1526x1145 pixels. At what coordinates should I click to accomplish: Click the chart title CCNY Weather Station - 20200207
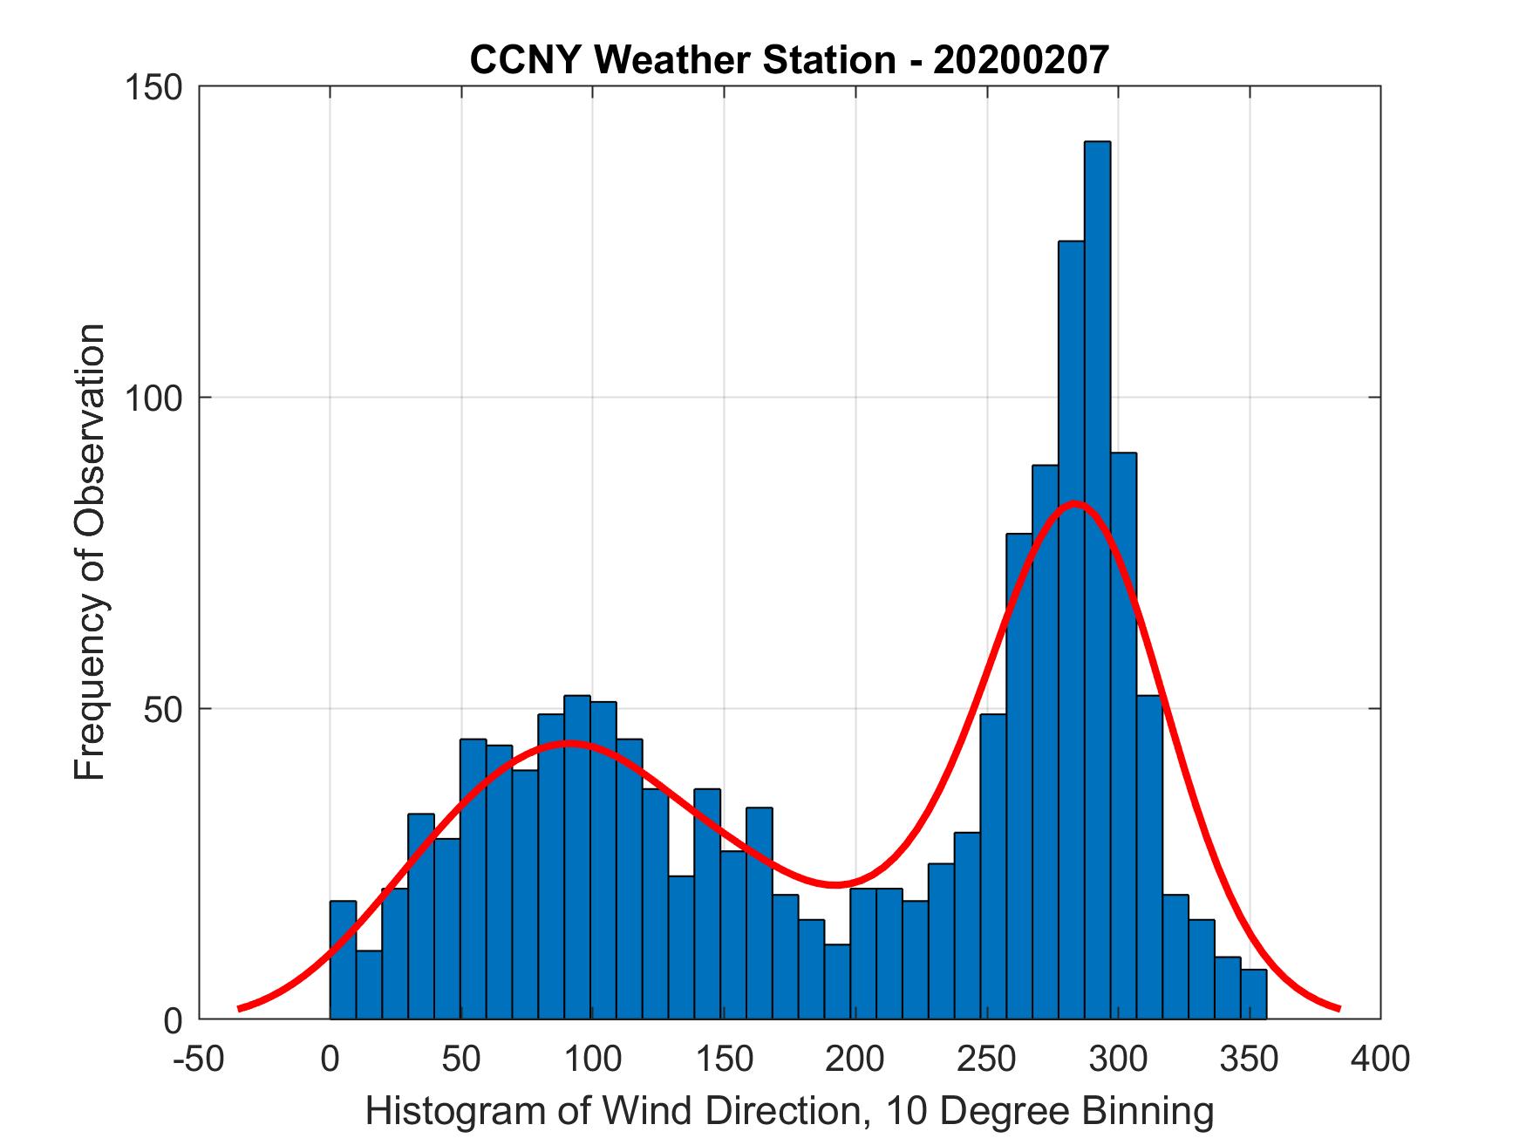coord(789,60)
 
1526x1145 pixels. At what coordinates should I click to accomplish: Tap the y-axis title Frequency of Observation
coord(90,552)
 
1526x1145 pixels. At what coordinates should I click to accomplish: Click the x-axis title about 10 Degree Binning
coord(789,1111)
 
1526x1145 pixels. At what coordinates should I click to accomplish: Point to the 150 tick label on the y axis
coord(157,87)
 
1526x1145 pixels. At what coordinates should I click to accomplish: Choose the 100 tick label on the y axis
coord(157,399)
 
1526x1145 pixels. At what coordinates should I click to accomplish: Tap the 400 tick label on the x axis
coord(1380,1059)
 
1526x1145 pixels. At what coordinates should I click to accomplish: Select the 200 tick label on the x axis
coord(855,1059)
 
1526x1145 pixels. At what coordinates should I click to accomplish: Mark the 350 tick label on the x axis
coord(1250,1059)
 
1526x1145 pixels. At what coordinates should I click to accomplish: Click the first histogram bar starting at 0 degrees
coord(343,959)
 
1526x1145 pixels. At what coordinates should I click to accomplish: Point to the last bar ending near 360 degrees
coord(1254,994)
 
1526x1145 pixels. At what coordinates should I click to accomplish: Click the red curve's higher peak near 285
coord(1074,503)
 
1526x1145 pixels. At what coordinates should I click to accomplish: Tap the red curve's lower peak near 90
coord(568,743)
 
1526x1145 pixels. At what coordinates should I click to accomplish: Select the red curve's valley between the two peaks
coord(835,884)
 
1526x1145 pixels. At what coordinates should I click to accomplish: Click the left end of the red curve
coord(240,1008)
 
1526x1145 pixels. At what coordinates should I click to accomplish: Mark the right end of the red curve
coord(1338,1008)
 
